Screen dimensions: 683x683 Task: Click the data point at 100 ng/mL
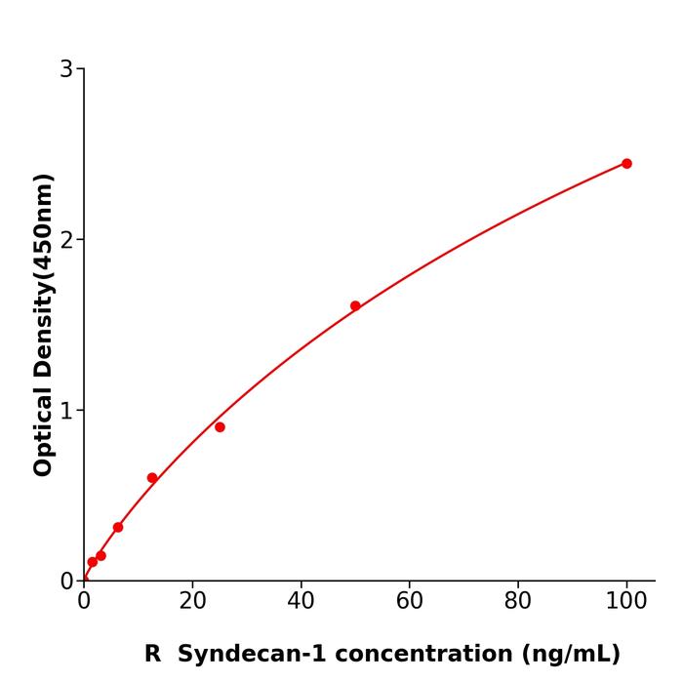tap(626, 163)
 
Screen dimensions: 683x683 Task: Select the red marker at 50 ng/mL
tap(355, 305)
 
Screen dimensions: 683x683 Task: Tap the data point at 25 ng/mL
tap(220, 427)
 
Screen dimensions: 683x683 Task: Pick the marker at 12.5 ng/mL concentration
tap(152, 478)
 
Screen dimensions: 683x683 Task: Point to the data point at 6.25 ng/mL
tap(118, 527)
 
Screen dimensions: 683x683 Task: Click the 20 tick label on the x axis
tap(192, 601)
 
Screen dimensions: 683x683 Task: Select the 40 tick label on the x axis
tap(301, 601)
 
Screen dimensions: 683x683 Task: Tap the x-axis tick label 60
tap(410, 601)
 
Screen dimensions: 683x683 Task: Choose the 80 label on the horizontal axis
tap(518, 601)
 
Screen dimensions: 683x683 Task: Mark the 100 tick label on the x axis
tap(626, 601)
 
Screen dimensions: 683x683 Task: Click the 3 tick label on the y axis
tap(66, 69)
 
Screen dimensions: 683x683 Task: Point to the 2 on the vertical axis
tap(66, 240)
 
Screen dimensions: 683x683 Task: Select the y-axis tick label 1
tap(66, 411)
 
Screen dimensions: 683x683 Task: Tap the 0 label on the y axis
tap(66, 582)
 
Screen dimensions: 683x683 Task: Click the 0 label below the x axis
tap(84, 601)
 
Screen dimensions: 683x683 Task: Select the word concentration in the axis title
tap(422, 654)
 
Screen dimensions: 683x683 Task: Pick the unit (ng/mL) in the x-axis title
tap(572, 654)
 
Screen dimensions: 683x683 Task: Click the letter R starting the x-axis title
tap(153, 654)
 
